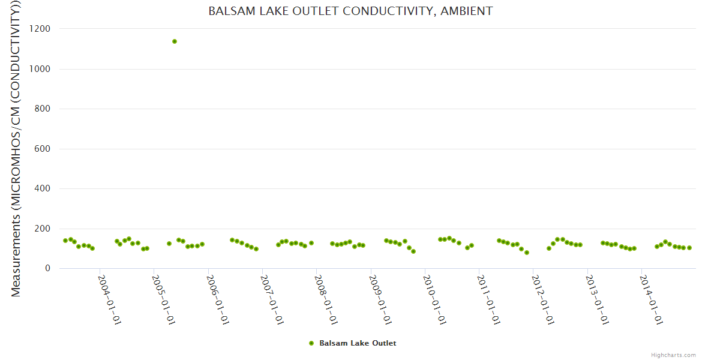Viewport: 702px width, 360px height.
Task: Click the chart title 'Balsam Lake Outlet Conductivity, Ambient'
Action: coord(350,11)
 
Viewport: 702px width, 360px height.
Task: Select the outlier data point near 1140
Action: coord(175,41)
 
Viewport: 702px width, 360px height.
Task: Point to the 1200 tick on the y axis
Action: coord(41,29)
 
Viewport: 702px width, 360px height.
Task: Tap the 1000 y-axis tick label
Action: coord(41,69)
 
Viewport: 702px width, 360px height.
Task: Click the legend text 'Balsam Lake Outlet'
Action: coord(358,343)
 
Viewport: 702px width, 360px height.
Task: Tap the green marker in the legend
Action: coord(311,343)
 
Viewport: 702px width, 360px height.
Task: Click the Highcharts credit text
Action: coord(673,355)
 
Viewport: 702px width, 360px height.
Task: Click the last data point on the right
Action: coord(689,248)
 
